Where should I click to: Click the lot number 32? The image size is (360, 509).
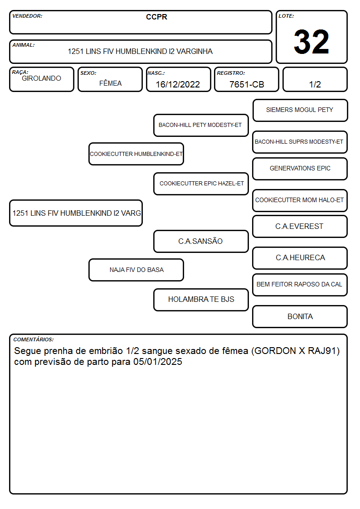point(311,42)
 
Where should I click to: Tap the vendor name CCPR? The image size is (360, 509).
point(156,17)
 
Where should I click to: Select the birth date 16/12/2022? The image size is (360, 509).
point(178,84)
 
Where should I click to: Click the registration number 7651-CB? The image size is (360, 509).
point(247,84)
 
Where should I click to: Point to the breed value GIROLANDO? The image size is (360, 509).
point(41,78)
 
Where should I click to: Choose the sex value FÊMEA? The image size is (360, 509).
point(110,83)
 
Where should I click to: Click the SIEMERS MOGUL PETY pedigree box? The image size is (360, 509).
point(300,111)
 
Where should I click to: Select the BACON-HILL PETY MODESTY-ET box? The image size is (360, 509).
point(201,125)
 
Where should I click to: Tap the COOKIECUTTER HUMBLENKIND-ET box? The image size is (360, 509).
point(136,154)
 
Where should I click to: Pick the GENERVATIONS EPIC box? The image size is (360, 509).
point(300,169)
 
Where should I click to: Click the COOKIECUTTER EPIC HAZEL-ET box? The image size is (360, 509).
point(201,184)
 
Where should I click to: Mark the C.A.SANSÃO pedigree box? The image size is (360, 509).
point(201,241)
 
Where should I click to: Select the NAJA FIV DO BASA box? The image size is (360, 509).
point(136,270)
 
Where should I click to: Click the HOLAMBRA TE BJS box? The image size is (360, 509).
point(201,300)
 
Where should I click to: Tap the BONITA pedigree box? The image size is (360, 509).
point(300,316)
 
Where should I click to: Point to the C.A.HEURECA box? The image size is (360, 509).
point(300,258)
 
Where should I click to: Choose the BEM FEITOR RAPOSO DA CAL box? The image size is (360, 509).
point(300,285)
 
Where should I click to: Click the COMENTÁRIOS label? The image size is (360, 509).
point(34,339)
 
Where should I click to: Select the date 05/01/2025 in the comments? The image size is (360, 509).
point(158,362)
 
